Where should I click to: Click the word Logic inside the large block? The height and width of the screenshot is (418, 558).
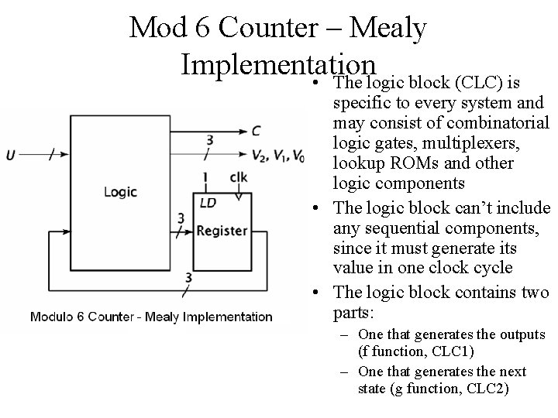tap(120, 192)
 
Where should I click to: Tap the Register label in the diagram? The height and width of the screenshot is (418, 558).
tap(222, 230)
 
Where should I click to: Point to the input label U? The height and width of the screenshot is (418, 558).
tap(11, 155)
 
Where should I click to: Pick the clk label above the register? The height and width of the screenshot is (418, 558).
tap(239, 177)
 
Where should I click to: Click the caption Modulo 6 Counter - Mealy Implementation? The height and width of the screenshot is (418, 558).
tap(151, 317)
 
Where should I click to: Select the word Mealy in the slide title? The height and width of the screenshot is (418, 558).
tap(388, 28)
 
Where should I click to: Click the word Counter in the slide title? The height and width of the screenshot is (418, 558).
tap(261, 28)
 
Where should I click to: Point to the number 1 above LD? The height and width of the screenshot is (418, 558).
tap(205, 178)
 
